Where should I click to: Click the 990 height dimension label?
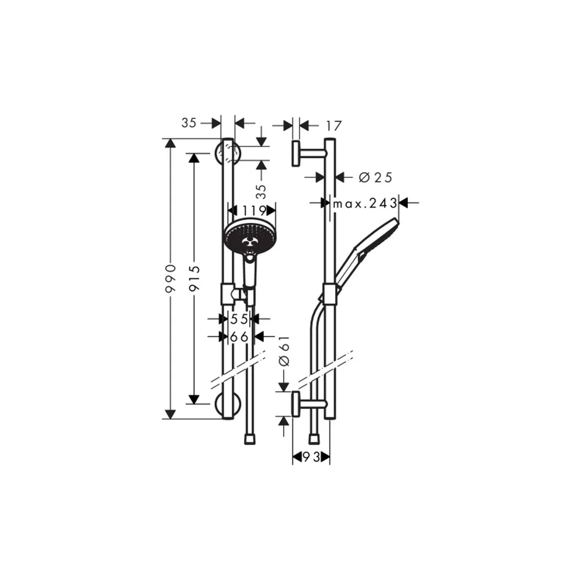pos(171,279)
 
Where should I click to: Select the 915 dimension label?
pos(195,279)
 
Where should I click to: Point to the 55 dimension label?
pos(239,318)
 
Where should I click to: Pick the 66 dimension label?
pos(239,337)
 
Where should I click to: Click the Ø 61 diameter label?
pos(284,352)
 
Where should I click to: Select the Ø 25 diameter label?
pos(375,177)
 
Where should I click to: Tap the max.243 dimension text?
pos(365,203)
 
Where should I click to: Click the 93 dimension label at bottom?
pos(311,458)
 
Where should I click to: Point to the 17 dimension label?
pos(333,126)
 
